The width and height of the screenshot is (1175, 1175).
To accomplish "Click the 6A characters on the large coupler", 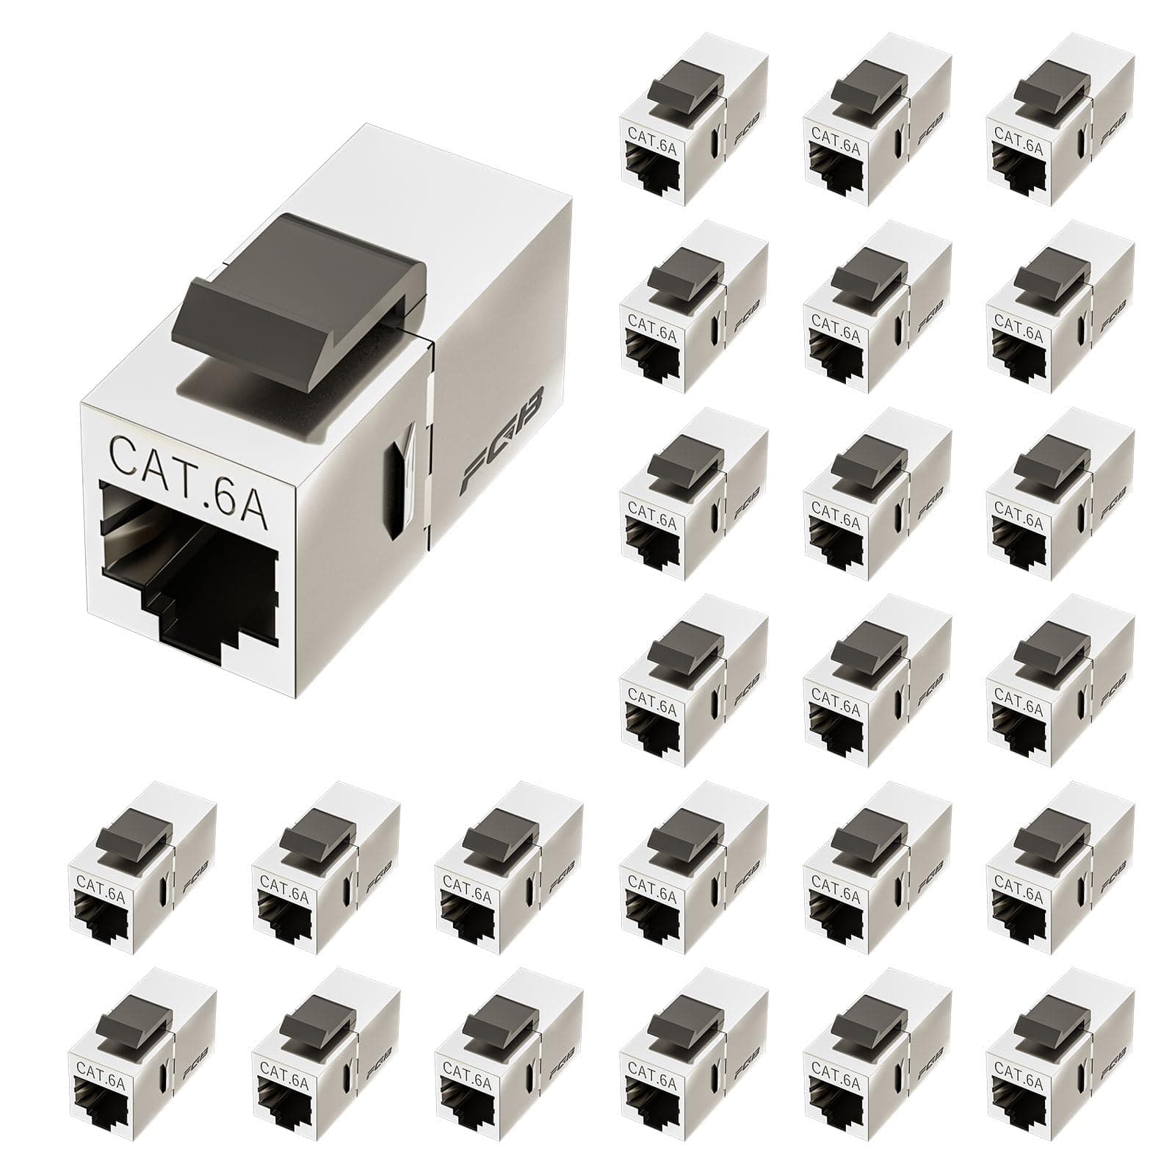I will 239,457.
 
